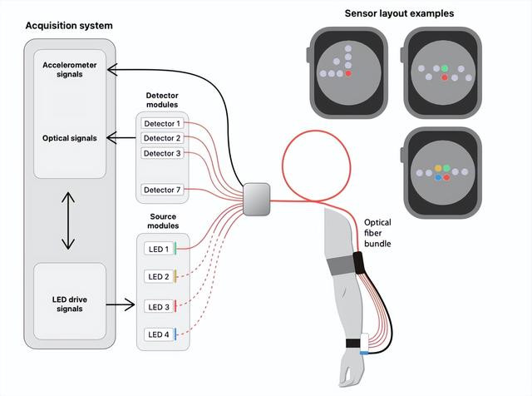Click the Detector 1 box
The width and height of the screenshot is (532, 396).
click(161, 124)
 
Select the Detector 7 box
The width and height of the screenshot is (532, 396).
click(161, 191)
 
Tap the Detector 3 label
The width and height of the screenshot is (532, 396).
click(161, 153)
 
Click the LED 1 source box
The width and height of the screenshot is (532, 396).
click(160, 248)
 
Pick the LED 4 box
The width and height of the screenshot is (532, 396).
click(160, 335)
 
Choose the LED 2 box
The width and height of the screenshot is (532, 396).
click(160, 276)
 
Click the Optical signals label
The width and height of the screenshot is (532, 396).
click(70, 138)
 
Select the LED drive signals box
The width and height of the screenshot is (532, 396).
click(70, 304)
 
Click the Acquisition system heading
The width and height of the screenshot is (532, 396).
click(69, 26)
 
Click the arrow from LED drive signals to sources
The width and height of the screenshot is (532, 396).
click(121, 305)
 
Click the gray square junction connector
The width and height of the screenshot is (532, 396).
click(257, 200)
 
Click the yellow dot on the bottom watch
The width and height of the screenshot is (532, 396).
click(437, 169)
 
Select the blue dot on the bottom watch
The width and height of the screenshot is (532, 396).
click(437, 177)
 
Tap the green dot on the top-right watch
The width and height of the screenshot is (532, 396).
click(445, 68)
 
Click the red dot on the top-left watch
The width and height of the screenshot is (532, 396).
click(348, 74)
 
